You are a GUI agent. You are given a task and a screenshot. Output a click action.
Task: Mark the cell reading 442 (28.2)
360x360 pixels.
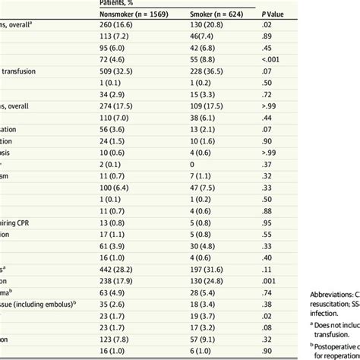coord(118,270)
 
